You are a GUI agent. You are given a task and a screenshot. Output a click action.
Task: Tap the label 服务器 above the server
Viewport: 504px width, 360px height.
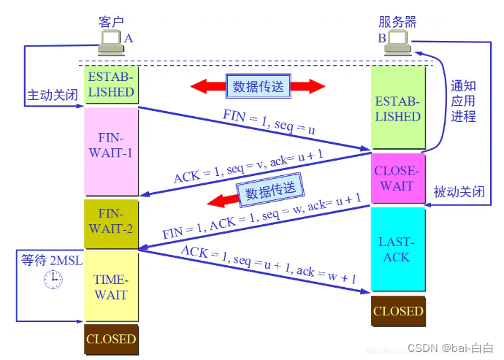tap(398, 21)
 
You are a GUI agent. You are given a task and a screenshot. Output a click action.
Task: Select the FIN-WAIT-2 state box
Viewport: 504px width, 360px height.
tap(110, 221)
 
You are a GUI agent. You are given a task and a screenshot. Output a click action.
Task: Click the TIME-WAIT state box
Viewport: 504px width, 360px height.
tap(110, 287)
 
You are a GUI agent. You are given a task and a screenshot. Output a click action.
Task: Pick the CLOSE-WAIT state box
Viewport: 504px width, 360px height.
tap(398, 178)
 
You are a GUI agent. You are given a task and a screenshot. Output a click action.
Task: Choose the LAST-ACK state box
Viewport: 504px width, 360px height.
tap(398, 249)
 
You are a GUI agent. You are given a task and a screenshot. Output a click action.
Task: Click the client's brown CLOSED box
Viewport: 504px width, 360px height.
tap(110, 340)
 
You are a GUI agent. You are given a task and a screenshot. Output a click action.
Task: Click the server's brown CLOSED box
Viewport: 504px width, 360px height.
tap(398, 311)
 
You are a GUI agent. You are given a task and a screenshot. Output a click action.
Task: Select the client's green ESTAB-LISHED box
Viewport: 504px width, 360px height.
tap(110, 84)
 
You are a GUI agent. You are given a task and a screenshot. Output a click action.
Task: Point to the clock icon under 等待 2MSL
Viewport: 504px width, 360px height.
tap(53, 279)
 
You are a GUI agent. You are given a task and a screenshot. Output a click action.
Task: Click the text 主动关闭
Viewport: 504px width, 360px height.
tap(53, 96)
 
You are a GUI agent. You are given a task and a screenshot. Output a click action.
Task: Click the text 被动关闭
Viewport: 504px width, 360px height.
tap(459, 192)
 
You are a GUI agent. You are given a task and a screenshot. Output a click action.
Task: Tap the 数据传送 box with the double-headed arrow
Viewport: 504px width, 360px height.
tap(257, 85)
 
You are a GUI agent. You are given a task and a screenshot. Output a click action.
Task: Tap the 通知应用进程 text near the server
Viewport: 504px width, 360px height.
tap(463, 101)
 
